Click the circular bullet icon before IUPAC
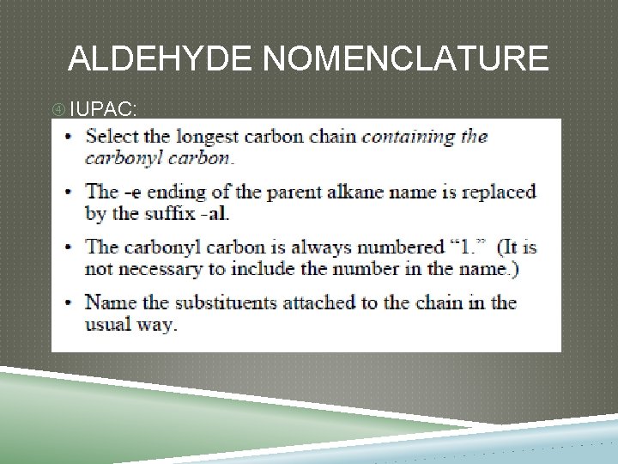point(58,109)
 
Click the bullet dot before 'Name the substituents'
point(68,303)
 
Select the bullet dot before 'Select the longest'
point(68,136)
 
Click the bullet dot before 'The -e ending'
point(68,192)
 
